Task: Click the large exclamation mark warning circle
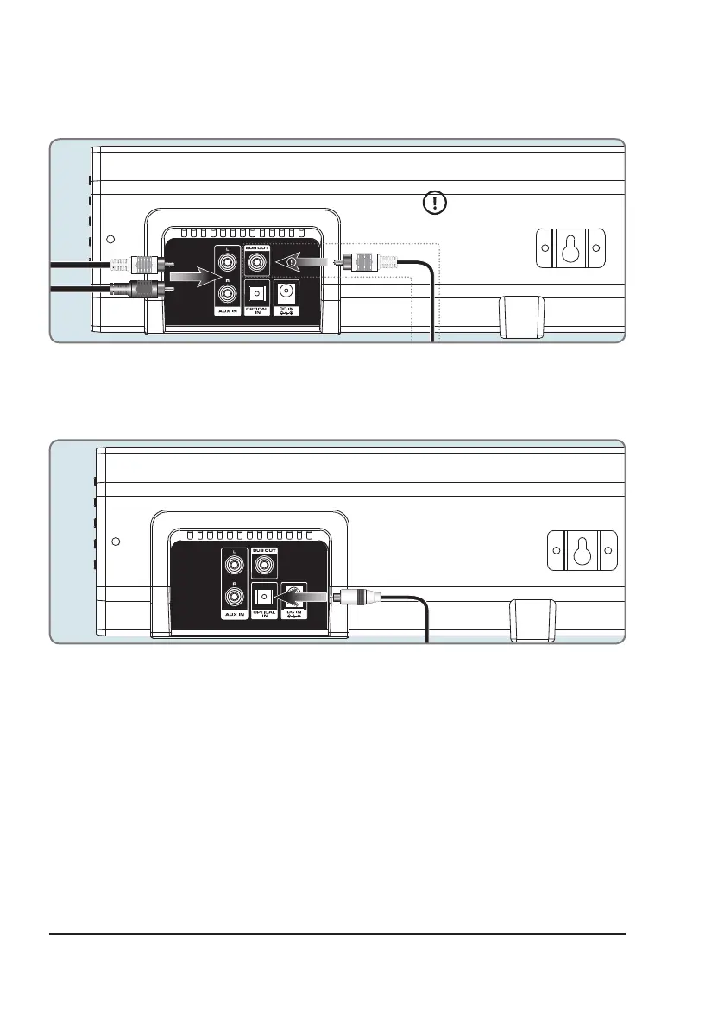(435, 204)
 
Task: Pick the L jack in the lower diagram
(234, 565)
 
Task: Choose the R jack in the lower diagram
(234, 595)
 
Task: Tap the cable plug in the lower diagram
(356, 594)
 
